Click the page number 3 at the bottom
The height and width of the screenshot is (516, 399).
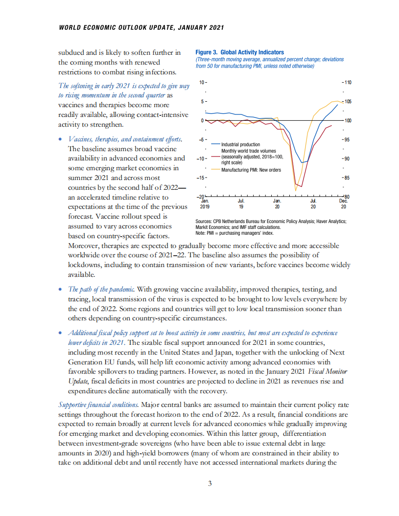tap(210, 484)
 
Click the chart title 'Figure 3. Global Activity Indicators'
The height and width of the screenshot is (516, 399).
tap(239, 52)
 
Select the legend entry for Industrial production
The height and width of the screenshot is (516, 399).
tap(240, 145)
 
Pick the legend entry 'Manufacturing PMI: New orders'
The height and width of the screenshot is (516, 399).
tap(251, 169)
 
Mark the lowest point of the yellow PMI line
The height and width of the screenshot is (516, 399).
tap(296, 190)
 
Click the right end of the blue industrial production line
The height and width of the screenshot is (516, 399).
tap(337, 105)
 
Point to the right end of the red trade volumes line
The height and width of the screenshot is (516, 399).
tap(332, 126)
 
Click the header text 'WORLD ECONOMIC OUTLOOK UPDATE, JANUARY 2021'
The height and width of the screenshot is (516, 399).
tap(141, 27)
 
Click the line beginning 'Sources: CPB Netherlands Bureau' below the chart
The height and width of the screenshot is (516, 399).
tap(271, 222)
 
